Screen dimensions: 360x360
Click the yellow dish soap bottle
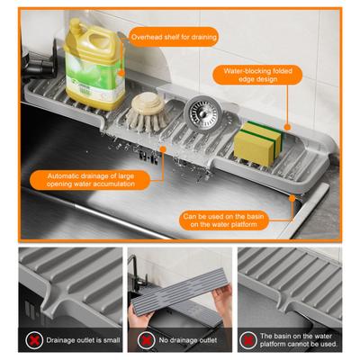pos(94,65)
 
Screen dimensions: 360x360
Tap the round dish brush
pos(147,112)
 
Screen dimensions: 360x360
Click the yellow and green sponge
pos(258,144)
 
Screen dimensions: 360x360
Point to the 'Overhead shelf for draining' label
pos(174,37)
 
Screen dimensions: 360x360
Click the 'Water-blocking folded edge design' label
pos(257,75)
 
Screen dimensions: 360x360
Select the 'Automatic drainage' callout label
pos(90,180)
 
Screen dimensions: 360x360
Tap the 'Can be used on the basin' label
pos(224,220)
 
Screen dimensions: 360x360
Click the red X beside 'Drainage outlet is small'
pos(34,340)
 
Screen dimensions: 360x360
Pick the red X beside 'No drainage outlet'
pos(146,340)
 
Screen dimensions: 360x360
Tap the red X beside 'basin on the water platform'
pos(248,340)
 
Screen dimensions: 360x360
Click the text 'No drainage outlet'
pos(188,340)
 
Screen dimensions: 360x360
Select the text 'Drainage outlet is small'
pos(83,340)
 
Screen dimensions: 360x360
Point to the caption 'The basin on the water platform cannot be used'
pos(299,340)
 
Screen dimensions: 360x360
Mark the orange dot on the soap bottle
pos(121,73)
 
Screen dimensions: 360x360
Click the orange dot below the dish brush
pos(163,148)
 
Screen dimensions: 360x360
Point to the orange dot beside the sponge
pos(288,128)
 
